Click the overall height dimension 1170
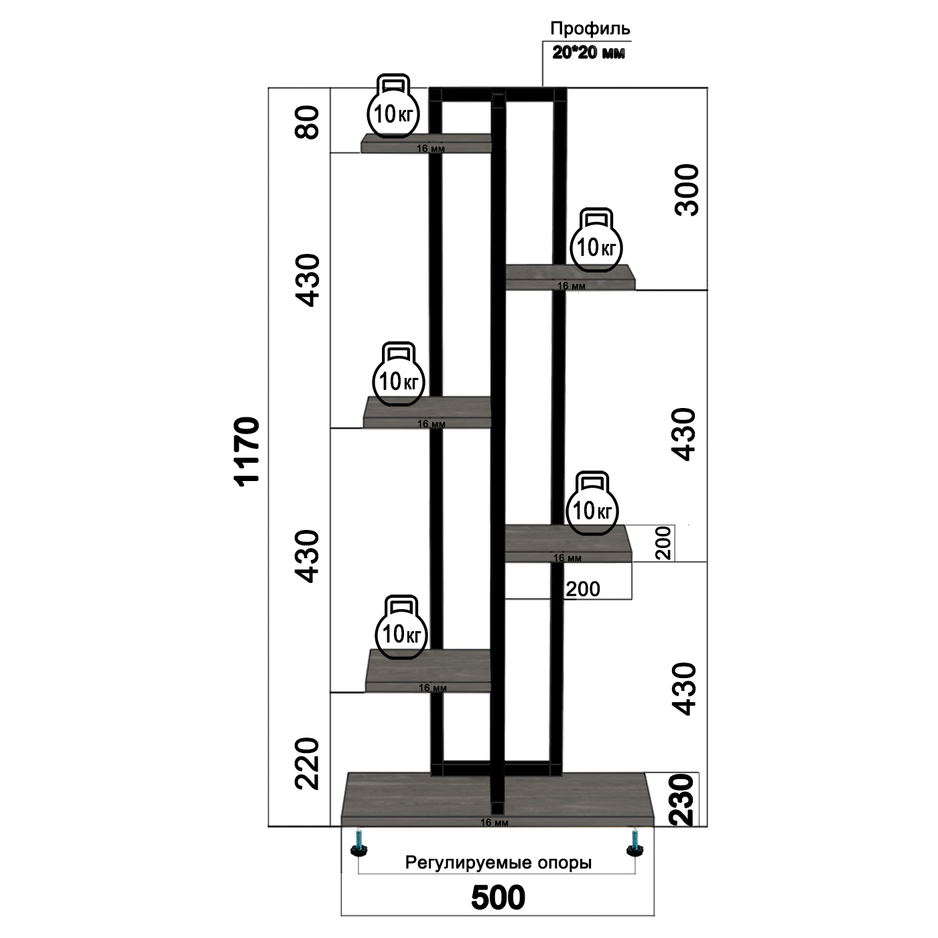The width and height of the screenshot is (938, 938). [x=247, y=450]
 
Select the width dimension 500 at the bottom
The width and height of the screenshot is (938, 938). [x=498, y=898]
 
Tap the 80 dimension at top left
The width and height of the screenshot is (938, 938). [x=308, y=121]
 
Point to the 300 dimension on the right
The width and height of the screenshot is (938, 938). [x=686, y=190]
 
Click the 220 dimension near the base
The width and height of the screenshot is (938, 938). [x=308, y=763]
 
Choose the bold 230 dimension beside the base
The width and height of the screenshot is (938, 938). [x=682, y=800]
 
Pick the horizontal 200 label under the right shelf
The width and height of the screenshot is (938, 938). [x=583, y=589]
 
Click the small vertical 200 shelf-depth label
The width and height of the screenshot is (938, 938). [x=663, y=543]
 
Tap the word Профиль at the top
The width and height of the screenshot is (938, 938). [x=590, y=29]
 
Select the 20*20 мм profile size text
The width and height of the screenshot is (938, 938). [x=589, y=52]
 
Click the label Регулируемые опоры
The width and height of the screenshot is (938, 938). [x=498, y=863]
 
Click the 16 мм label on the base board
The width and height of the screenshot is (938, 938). [x=494, y=822]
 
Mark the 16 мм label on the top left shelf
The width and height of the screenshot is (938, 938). [x=430, y=149]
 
